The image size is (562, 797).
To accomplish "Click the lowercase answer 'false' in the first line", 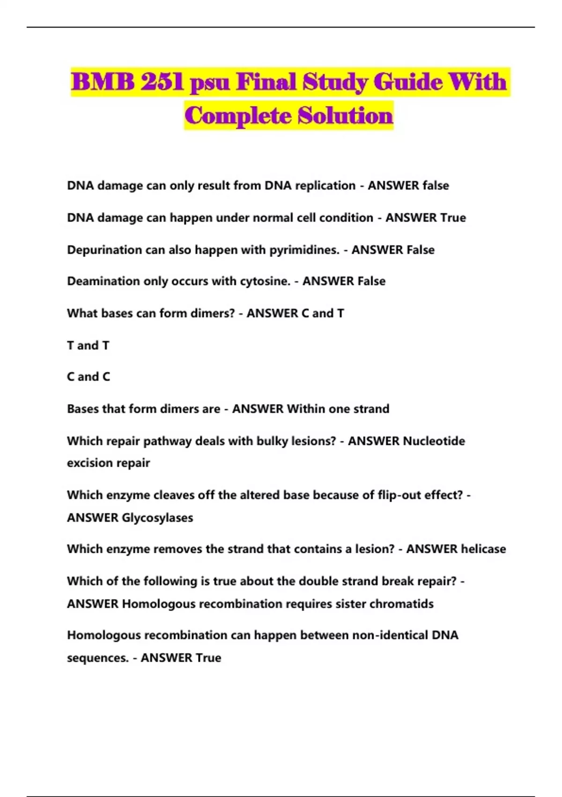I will tap(436, 186).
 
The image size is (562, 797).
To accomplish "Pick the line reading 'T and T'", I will tap(88, 346).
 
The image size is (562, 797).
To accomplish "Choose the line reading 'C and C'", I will tap(89, 377).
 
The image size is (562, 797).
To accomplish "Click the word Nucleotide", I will tap(434, 441).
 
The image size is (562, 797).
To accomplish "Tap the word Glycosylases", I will tap(157, 518).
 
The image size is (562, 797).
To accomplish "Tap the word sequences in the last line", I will tap(97, 658).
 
